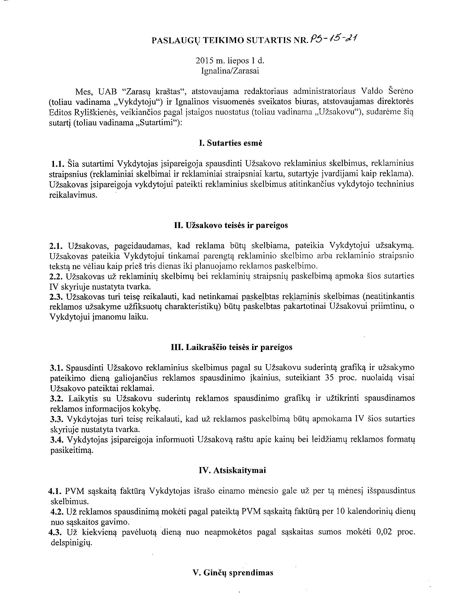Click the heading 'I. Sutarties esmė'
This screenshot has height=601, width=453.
[x=231, y=143]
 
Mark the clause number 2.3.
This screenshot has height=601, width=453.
[x=56, y=296]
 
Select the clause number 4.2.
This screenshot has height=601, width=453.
[x=57, y=511]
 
